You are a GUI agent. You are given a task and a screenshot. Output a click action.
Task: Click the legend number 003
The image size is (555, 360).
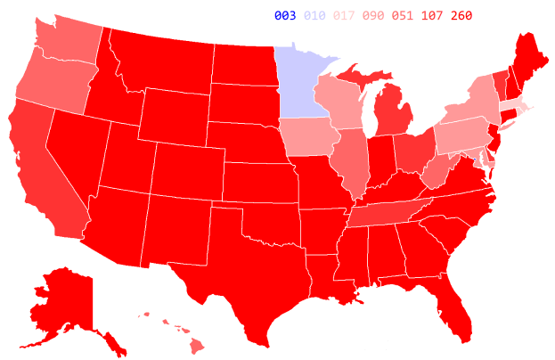point(285,15)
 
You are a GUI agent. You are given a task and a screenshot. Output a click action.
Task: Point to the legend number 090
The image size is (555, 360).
point(374,15)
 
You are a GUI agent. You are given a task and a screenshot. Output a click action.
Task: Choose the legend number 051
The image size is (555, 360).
point(404,15)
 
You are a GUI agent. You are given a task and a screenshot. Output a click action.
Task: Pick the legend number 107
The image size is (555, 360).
point(433,15)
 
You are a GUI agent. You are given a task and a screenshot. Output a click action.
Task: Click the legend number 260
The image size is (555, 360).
point(462,15)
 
